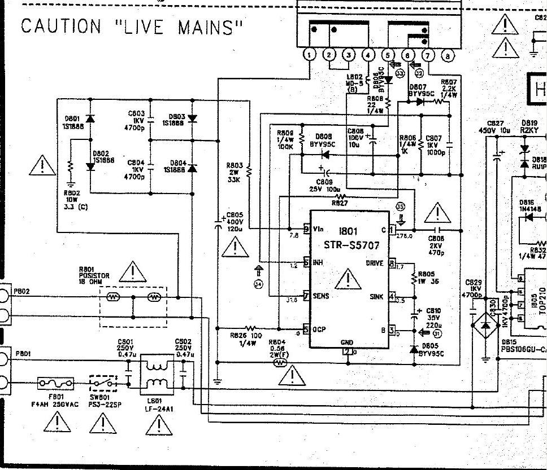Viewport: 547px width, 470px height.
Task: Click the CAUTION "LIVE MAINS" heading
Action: coord(132,27)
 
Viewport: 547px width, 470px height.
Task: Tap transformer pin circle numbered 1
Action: coord(310,55)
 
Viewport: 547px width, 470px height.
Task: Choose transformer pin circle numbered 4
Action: coord(368,55)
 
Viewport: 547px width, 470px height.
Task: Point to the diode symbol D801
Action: coord(89,118)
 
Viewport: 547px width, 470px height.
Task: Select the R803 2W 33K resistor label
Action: coord(235,172)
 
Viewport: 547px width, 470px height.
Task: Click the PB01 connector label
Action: coord(23,354)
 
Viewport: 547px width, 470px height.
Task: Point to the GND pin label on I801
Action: coord(346,342)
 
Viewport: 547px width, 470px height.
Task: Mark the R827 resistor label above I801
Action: coord(340,202)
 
